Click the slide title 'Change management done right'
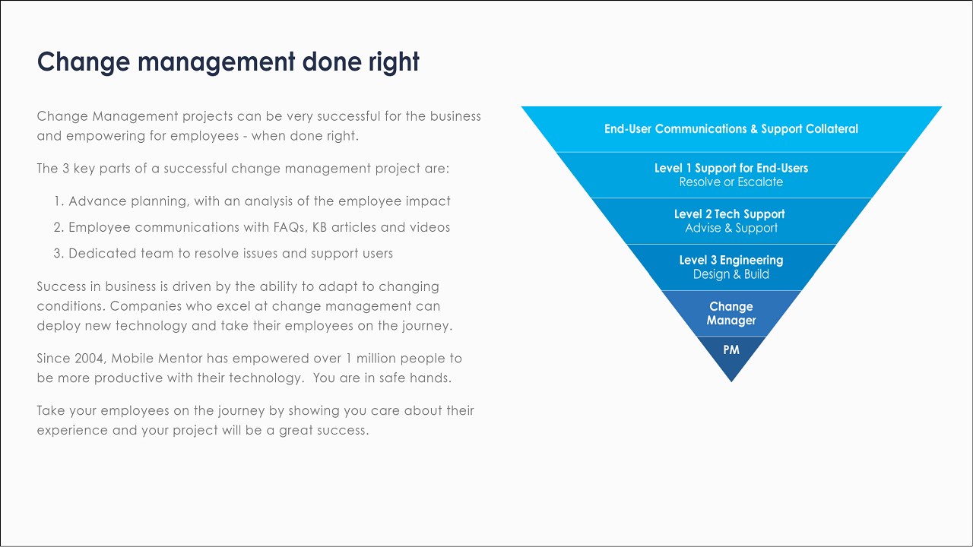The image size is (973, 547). tap(228, 62)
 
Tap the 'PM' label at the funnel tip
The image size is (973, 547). tap(731, 350)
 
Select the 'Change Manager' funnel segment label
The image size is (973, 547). tap(731, 313)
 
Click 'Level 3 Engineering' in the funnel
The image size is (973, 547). tap(731, 260)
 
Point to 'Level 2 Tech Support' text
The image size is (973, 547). tap(729, 214)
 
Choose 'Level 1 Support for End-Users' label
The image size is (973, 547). tap(731, 168)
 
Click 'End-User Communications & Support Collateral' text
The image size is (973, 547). tap(731, 129)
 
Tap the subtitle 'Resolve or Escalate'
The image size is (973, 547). tap(731, 182)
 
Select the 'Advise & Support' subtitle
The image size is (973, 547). tap(731, 228)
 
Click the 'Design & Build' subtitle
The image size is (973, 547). tap(731, 274)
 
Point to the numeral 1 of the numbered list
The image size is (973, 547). tap(57, 201)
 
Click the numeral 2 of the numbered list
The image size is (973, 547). tap(58, 227)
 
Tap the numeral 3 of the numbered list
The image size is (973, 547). tap(58, 253)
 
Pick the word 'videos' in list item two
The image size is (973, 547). tap(429, 227)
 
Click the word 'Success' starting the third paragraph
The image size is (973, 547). tap(60, 286)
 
